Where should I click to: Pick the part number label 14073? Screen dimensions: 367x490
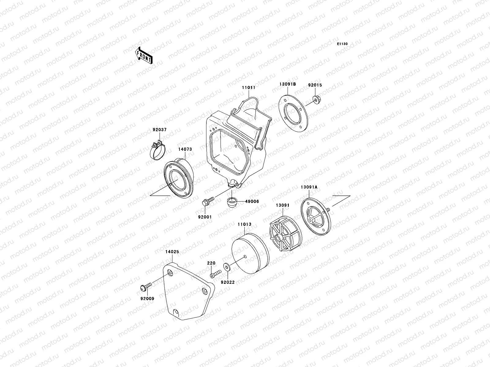(x=185, y=150)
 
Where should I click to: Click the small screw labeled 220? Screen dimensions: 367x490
(x=215, y=274)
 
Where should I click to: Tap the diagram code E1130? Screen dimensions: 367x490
(x=342, y=44)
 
